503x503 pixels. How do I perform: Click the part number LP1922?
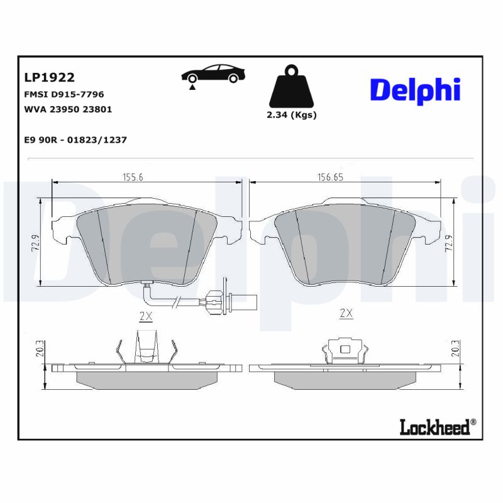[x=49, y=78]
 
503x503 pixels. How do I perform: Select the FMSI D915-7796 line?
[x=64, y=94]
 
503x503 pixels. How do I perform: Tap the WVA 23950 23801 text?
[x=68, y=109]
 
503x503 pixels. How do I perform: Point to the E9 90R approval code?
[x=75, y=140]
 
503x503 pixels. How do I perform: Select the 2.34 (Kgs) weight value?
[x=291, y=115]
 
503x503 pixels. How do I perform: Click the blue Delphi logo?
[x=415, y=91]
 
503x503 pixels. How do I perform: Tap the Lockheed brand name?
[x=434, y=428]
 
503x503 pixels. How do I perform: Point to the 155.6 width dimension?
[x=133, y=177]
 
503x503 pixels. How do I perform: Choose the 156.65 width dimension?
[x=329, y=177]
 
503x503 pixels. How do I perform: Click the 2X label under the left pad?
[x=145, y=316]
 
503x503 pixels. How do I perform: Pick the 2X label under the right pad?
[x=345, y=312]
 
